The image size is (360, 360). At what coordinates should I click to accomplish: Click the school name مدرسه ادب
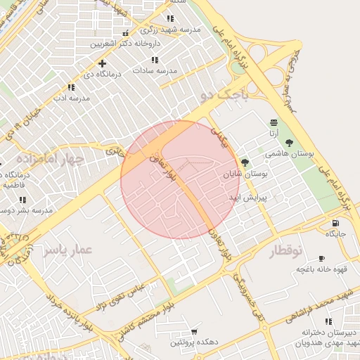pos(70,98)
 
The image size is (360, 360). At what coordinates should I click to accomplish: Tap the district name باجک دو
pos(224,96)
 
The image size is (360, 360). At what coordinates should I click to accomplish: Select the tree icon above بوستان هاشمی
pos(290,143)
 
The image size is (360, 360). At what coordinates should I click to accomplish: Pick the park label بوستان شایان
pos(246,173)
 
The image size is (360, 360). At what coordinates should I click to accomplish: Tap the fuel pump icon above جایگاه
pos(334,224)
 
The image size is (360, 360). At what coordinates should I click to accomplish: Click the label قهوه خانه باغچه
pos(319,269)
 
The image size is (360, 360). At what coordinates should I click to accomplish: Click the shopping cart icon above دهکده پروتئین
pos(194,331)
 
